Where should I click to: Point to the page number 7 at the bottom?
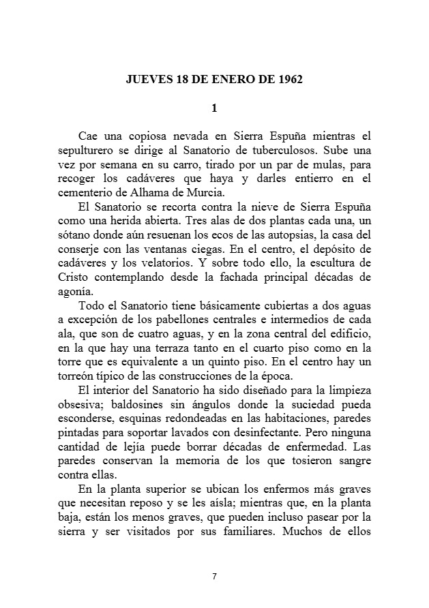click(x=214, y=576)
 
